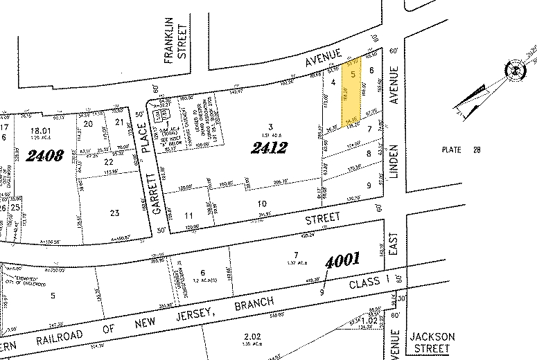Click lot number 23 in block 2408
114,214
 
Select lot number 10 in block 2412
261,203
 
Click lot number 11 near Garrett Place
189,216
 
